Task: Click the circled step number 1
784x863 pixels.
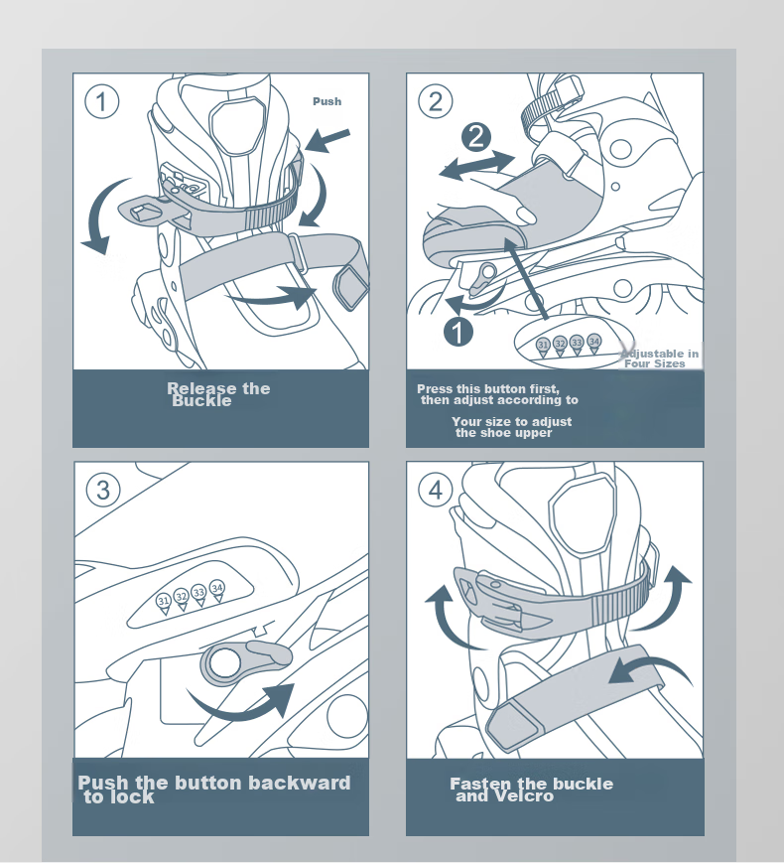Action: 102,102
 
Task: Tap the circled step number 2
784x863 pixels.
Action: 436,102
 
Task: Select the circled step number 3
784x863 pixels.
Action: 103,490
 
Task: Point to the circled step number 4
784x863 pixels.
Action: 436,490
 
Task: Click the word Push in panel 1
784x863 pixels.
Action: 327,102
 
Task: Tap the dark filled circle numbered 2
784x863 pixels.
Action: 476,137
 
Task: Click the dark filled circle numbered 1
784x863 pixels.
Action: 458,332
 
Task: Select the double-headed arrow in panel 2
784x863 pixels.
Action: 477,164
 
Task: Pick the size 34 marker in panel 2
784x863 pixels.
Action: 594,343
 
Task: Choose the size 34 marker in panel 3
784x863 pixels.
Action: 217,589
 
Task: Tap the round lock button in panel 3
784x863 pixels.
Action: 225,662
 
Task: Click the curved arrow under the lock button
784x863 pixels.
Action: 242,710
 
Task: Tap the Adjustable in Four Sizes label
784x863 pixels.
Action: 660,359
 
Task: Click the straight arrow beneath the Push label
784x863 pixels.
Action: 327,140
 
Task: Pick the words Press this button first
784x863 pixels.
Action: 488,389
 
